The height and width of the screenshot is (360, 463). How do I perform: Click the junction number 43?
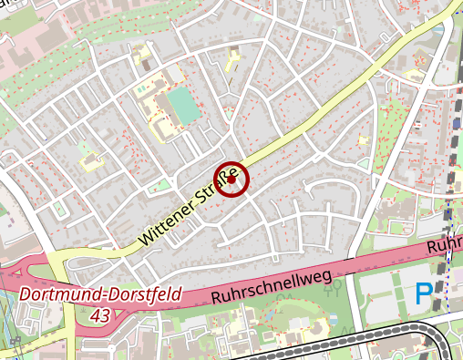[102, 314]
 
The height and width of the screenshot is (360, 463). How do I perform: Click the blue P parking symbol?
[424, 293]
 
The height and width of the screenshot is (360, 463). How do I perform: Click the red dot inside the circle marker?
[231, 180]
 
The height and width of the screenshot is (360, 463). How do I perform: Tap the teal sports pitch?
[184, 108]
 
